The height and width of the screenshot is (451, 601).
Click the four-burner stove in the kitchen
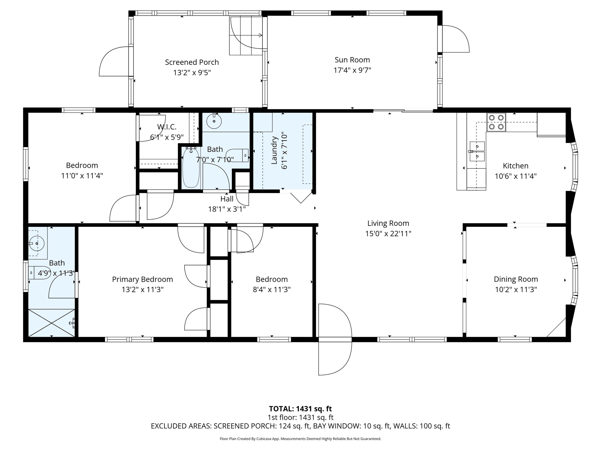click(496, 122)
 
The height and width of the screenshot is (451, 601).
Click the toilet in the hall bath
click(237, 155)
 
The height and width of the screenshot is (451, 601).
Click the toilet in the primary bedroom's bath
click(39, 272)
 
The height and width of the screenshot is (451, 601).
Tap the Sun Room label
click(352, 60)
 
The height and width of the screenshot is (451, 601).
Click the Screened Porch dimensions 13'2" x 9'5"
click(192, 73)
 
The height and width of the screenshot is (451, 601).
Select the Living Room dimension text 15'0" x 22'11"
click(388, 234)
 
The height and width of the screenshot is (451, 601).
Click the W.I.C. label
click(167, 127)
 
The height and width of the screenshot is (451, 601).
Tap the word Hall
click(227, 199)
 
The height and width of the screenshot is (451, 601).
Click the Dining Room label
click(516, 279)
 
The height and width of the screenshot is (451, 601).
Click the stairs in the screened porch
click(246, 35)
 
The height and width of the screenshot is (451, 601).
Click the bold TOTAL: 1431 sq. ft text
click(300, 409)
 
